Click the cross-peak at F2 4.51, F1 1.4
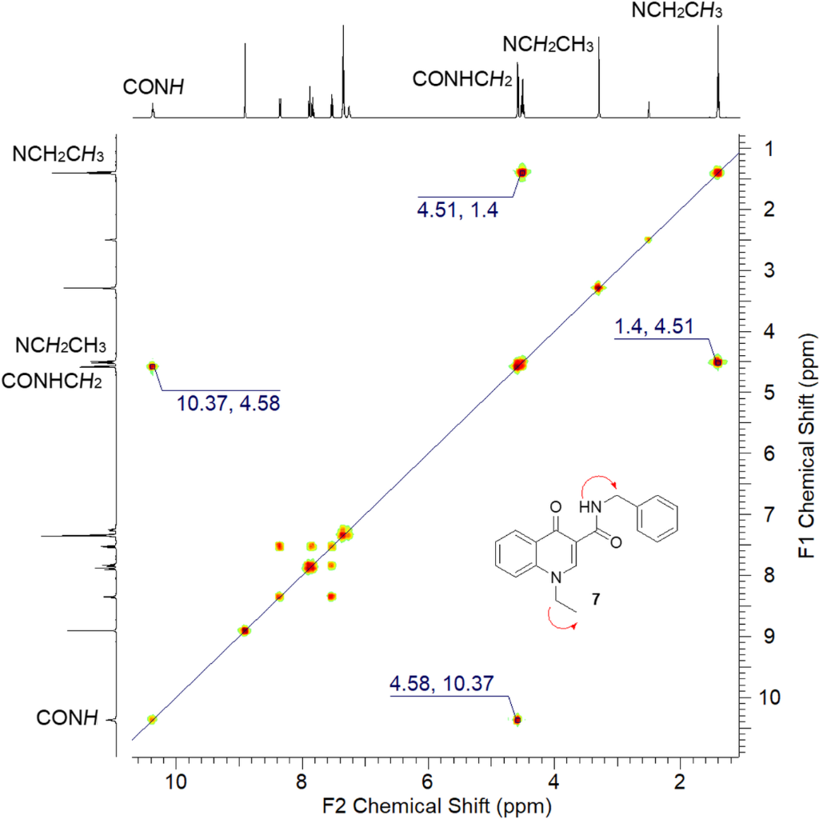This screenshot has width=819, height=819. pyautogui.click(x=522, y=172)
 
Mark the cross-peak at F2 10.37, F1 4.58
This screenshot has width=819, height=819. pyautogui.click(x=152, y=366)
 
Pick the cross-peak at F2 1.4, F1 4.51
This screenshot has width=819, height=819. pyautogui.click(x=717, y=362)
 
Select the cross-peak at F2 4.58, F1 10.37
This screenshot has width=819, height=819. pyautogui.click(x=517, y=720)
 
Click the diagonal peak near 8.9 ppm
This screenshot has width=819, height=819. pyautogui.click(x=245, y=630)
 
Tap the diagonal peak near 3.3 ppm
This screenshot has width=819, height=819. pyautogui.click(x=597, y=287)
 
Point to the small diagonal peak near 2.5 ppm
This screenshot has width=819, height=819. pyautogui.click(x=648, y=239)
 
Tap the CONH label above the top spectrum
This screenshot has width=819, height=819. pyautogui.click(x=154, y=86)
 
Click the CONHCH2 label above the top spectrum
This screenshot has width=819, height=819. pyautogui.click(x=463, y=78)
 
